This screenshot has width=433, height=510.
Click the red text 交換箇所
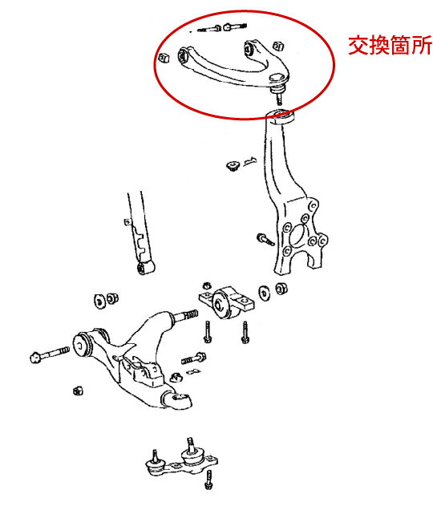[390, 45]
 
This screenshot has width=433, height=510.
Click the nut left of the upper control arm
[163, 58]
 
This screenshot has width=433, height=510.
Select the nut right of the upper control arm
[277, 46]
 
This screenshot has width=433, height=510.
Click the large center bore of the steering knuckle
[297, 234]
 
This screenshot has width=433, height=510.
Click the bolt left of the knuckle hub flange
[265, 239]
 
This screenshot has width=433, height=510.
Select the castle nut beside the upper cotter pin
[233, 166]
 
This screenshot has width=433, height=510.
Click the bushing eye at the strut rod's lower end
[146, 268]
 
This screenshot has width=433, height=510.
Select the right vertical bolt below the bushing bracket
[245, 332]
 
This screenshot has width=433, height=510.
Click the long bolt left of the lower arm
[50, 354]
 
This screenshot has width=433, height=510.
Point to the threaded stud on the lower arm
[185, 315]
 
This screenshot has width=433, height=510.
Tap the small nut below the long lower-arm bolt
[78, 390]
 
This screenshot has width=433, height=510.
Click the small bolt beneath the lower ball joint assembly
[208, 480]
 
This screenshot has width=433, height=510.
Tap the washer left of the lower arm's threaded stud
[99, 301]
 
